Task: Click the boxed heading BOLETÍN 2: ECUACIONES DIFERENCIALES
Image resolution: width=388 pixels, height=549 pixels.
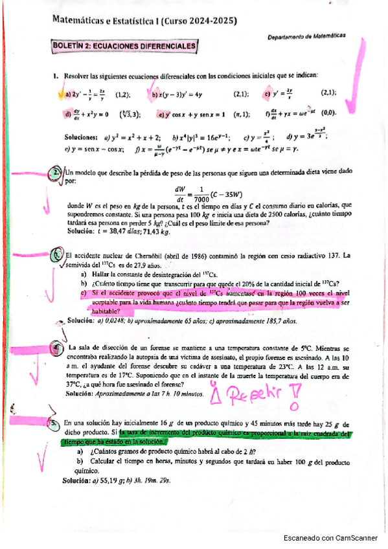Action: click(x=124, y=47)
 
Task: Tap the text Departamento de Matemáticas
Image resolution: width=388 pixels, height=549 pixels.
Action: click(x=306, y=38)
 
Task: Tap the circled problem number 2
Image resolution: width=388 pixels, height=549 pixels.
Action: click(x=57, y=173)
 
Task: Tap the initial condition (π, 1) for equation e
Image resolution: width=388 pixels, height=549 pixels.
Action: click(x=242, y=115)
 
